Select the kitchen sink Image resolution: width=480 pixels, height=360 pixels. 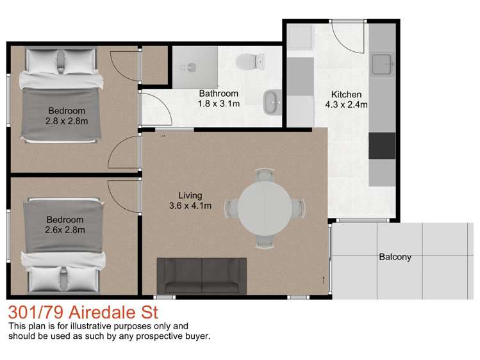click(x=382, y=63)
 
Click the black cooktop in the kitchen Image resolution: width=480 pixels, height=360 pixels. click(x=382, y=145)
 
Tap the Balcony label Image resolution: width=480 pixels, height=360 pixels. click(x=395, y=258)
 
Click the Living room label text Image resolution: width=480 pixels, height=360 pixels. click(x=190, y=195)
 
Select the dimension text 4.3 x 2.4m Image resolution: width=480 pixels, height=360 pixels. click(x=345, y=106)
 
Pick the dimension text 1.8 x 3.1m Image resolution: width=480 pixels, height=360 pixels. click(x=219, y=104)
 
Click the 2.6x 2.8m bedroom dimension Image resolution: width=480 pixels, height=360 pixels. click(x=65, y=229)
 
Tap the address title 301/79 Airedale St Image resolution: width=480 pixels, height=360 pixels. click(x=83, y=314)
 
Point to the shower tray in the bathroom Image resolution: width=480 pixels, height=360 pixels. click(x=194, y=66)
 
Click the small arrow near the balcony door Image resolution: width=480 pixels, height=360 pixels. click(x=322, y=279)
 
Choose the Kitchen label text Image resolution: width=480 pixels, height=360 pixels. click(x=346, y=95)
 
